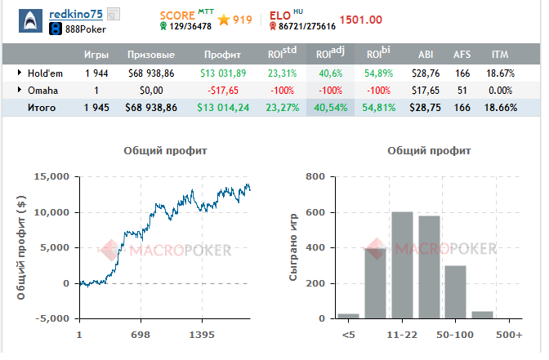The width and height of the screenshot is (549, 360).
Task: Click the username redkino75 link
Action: click(76, 14)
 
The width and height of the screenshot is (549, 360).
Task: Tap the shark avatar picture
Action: click(30, 21)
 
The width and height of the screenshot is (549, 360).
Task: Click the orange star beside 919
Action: click(224, 20)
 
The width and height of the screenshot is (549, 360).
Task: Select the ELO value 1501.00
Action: click(360, 20)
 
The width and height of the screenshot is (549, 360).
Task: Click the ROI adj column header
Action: click(330, 54)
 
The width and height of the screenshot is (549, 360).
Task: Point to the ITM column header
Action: click(500, 55)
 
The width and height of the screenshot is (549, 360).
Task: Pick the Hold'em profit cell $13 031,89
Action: click(223, 73)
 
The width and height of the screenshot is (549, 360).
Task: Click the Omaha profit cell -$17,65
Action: click(223, 91)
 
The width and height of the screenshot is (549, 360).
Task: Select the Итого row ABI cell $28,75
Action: click(425, 108)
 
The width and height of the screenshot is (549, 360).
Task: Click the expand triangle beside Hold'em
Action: click(20, 73)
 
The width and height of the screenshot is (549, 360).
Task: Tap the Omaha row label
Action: click(42, 91)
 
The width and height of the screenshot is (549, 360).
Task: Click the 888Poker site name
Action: click(86, 29)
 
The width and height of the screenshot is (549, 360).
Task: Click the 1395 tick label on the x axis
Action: click(202, 335)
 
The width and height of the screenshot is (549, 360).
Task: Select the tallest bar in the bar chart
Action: click(402, 265)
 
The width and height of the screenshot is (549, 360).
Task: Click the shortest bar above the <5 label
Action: click(348, 316)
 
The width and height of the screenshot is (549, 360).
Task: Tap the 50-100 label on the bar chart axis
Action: click(455, 335)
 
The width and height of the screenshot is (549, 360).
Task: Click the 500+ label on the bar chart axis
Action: click(509, 335)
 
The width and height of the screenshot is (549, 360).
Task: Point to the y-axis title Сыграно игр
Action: click(293, 247)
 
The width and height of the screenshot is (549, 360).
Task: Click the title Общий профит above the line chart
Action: click(165, 151)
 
